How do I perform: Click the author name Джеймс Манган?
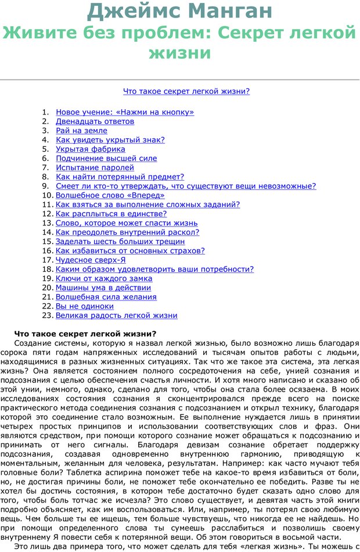click(180, 10)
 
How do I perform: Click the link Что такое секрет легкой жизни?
click(186, 91)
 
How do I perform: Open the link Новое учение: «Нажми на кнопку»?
click(125, 112)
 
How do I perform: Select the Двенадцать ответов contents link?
click(95, 121)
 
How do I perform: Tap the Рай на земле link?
click(82, 131)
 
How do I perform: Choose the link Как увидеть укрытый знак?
click(110, 140)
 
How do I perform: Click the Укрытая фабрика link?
click(91, 149)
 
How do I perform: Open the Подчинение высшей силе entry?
click(106, 159)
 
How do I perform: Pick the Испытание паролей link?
click(95, 168)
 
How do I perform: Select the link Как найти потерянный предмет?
click(120, 177)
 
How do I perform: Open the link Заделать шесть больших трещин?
click(120, 241)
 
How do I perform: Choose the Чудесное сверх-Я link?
click(91, 260)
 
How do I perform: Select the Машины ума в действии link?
click(103, 288)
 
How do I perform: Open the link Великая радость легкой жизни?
click(117, 316)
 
